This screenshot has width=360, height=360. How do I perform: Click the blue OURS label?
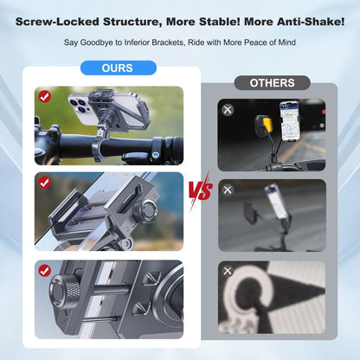(117, 67)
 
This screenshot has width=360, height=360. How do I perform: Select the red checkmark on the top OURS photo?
(44, 96)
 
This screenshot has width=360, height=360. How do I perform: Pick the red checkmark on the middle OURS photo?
(44, 182)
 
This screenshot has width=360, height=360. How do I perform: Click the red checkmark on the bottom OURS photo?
(44, 270)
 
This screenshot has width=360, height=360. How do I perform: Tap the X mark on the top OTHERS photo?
(228, 110)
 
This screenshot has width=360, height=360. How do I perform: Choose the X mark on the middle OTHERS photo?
(228, 190)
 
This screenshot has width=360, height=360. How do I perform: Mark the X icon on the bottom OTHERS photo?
(228, 271)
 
